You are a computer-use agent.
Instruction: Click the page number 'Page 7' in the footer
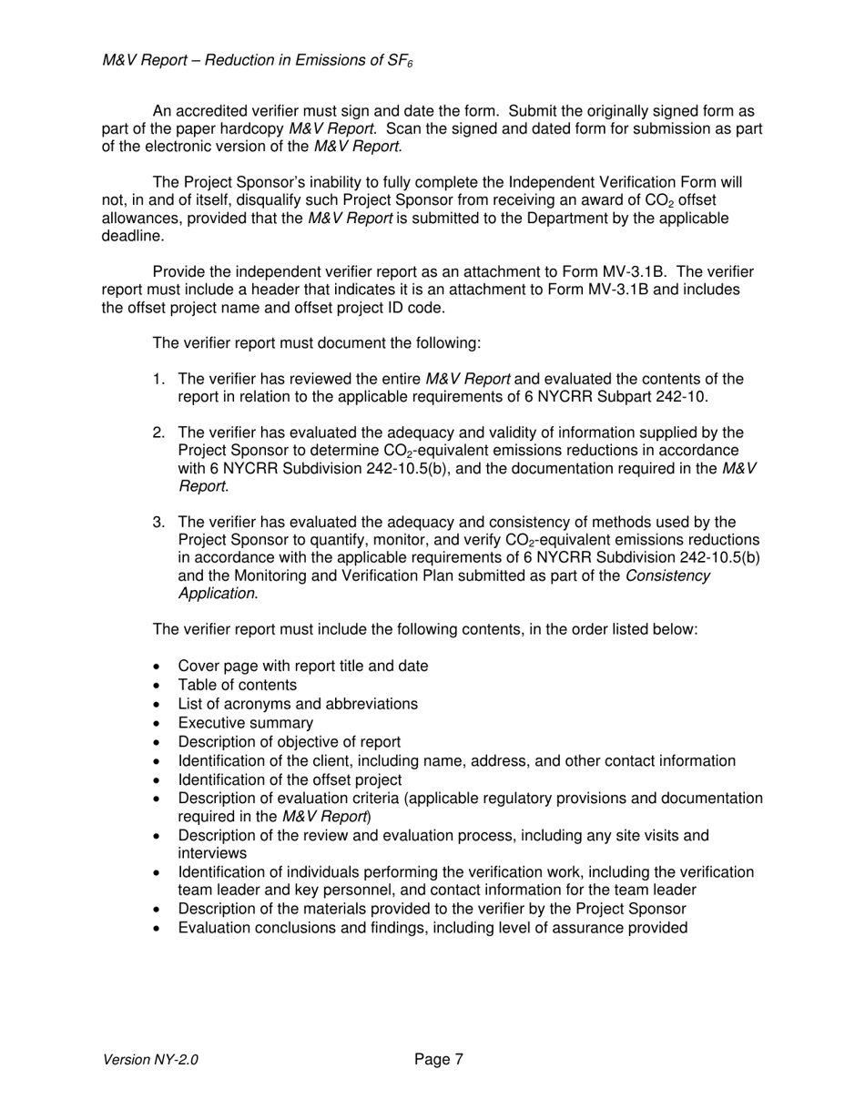pyautogui.click(x=439, y=1059)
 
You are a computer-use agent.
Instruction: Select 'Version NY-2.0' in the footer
pyautogui.click(x=150, y=1060)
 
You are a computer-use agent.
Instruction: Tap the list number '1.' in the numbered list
pyautogui.click(x=159, y=380)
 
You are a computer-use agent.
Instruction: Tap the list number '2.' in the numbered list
pyautogui.click(x=159, y=433)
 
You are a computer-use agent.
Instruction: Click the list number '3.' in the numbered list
pyautogui.click(x=159, y=523)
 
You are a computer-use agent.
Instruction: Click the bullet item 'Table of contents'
pyautogui.click(x=237, y=685)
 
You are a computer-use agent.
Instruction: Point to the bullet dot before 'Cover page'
pyautogui.click(x=158, y=667)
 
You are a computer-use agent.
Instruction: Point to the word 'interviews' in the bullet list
pyautogui.click(x=212, y=853)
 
